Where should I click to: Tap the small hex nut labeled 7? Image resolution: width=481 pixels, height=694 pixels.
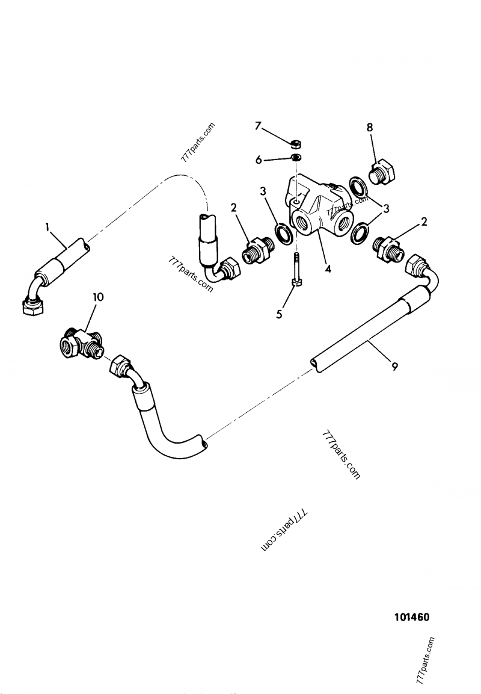[x=296, y=144]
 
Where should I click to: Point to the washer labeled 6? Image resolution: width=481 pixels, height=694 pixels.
[x=296, y=158]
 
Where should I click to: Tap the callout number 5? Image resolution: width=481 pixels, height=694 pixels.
[x=280, y=314]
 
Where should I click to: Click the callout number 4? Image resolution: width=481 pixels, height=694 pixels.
[x=328, y=269]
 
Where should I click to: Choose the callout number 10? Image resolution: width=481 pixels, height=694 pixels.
[x=97, y=297]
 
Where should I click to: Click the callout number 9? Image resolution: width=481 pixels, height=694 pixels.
[x=394, y=365]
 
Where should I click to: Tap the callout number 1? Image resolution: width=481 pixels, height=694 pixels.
[x=47, y=228]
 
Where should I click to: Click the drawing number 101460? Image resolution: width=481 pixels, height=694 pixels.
[x=412, y=617]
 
